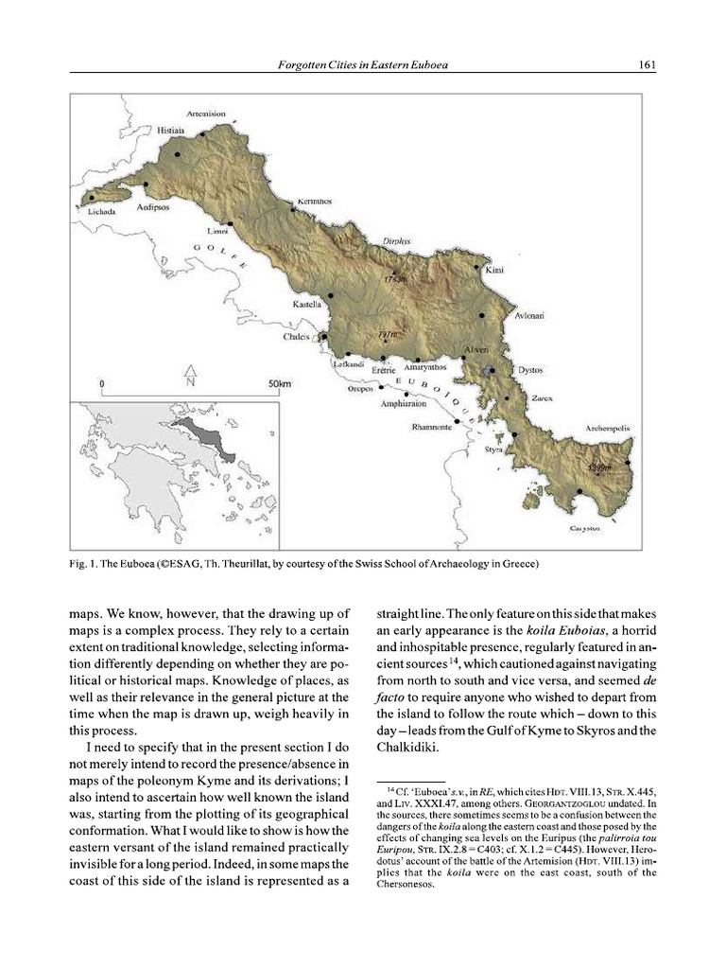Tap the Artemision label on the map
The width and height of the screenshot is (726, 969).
pos(205,115)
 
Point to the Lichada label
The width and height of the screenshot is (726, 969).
pos(101,212)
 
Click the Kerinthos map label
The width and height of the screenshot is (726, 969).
pos(311,202)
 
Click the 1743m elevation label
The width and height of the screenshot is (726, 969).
pos(394,280)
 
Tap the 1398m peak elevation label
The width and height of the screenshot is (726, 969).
pos(599,467)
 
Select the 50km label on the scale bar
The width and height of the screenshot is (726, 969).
pos(280,383)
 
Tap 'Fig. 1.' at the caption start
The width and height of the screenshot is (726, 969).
pos(86,565)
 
